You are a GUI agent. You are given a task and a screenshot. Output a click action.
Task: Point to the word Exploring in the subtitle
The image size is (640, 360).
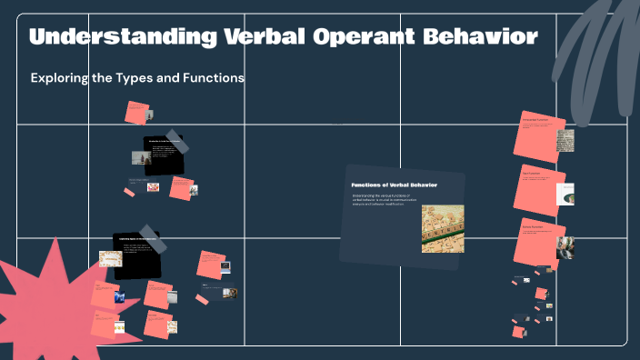tap(59, 78)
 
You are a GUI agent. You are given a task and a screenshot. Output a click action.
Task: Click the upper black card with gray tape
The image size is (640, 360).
tap(164, 155)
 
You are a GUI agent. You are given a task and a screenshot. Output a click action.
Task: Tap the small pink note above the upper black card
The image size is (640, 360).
tap(137, 113)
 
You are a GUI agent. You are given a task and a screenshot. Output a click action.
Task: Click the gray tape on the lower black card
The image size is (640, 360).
tap(155, 239)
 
